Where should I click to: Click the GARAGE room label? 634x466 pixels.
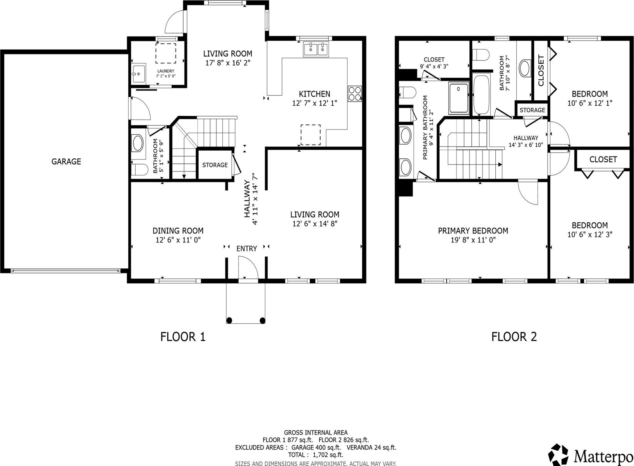point(66,161)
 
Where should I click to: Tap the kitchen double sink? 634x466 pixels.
point(316,49)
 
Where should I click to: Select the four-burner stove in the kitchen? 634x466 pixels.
point(355,94)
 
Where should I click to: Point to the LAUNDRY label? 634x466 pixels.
point(166,71)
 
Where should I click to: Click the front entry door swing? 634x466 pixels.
point(249,267)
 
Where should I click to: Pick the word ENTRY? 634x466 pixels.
point(247,249)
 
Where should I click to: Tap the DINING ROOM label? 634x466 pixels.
point(178,231)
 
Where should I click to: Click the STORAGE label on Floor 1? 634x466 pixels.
point(215,165)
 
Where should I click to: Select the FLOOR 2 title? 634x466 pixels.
point(514,337)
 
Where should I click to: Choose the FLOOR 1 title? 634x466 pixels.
point(183,337)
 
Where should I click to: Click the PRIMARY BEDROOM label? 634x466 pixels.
point(473,231)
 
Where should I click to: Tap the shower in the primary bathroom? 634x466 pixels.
point(458,98)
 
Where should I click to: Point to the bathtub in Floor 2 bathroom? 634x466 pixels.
point(481,95)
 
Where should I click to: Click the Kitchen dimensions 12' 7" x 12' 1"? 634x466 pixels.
point(315,103)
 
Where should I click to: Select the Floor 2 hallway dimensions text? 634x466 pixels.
point(526,145)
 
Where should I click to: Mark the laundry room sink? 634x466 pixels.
point(139,73)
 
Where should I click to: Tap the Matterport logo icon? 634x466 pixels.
point(558,455)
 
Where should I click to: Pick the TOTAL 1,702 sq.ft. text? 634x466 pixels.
point(315,455)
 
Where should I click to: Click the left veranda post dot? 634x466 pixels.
point(229,320)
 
